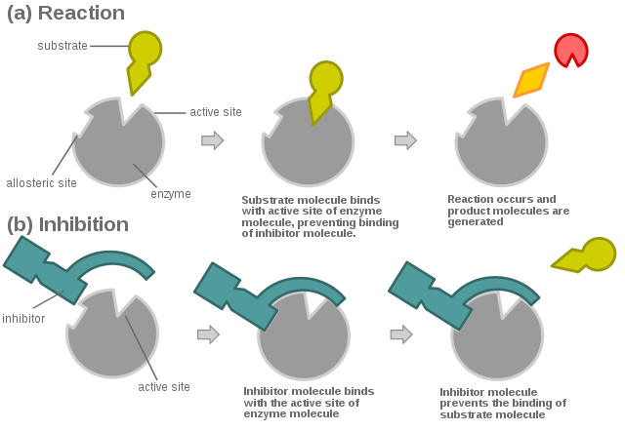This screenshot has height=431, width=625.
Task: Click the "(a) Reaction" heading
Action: coord(65,14)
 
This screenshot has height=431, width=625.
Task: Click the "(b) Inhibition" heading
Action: coord(67,224)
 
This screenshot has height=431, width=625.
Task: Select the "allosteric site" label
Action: coord(41,182)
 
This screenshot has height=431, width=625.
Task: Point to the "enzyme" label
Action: coord(170,194)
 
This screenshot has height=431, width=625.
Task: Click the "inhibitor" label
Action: coord(23,318)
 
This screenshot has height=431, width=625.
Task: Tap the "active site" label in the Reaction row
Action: coord(216,113)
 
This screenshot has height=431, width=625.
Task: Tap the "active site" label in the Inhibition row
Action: coord(163,387)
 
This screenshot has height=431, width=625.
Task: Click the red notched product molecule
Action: coord(571,50)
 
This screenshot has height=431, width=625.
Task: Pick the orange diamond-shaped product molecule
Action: coord(531,81)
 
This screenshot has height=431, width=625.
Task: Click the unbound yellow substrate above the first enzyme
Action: coord(143,59)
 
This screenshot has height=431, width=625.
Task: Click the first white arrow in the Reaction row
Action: coord(212,141)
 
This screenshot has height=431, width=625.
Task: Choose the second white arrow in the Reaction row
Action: coord(405,141)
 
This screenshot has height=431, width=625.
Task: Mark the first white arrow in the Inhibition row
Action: coord(208,334)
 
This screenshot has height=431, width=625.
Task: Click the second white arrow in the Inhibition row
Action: coord(400,334)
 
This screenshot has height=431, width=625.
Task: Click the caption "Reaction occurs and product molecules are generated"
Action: coord(508,210)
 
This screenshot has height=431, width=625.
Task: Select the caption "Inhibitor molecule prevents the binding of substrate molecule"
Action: coord(503,402)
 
